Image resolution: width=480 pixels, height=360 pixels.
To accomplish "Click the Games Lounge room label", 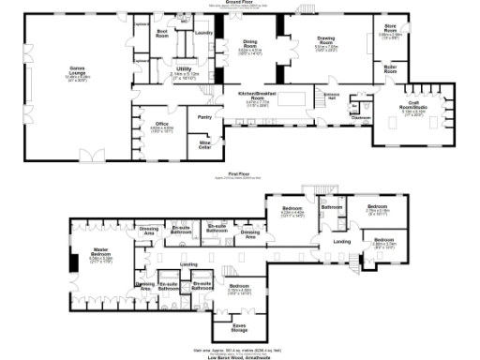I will click(64, 72).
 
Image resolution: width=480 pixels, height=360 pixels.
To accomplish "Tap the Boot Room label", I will click(162, 34).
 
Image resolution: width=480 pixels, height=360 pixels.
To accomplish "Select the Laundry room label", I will click(202, 34).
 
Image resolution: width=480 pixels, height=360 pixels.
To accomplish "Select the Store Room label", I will click(389, 30).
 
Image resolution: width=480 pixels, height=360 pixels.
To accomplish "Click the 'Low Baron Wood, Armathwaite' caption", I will click(241, 354).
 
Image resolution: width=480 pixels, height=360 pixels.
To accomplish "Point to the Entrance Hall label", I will click(332, 96).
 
